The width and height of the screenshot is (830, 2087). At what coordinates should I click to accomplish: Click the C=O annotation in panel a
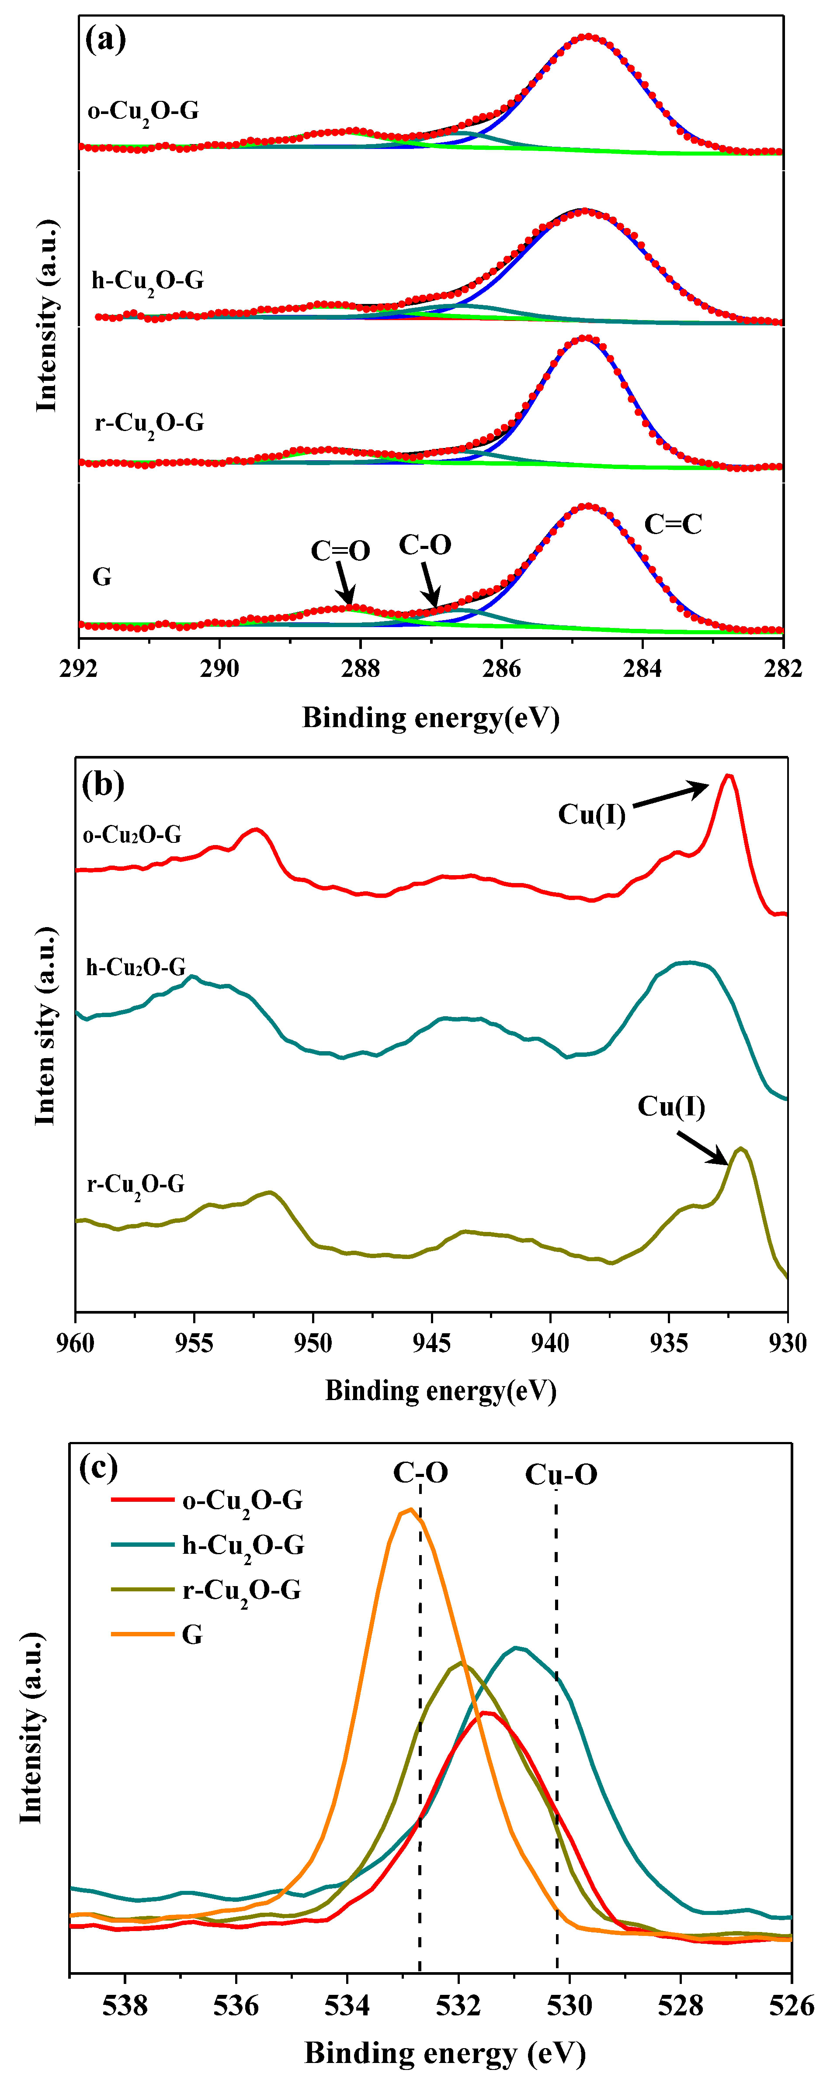pyautogui.click(x=340, y=552)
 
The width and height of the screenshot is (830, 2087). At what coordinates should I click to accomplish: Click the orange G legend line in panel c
pyautogui.click(x=142, y=1634)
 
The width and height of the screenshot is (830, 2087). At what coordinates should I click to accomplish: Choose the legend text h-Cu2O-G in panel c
pyautogui.click(x=243, y=1546)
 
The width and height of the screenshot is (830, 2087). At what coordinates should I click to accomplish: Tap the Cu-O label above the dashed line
pyautogui.click(x=561, y=1474)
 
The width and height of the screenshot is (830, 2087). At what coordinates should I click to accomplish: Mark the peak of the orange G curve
pyautogui.click(x=410, y=1509)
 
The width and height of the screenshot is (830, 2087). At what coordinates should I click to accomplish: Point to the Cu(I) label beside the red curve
pyautogui.click(x=592, y=814)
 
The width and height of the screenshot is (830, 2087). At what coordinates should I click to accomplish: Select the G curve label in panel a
pyautogui.click(x=102, y=577)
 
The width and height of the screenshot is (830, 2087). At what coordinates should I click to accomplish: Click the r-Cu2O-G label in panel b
pyautogui.click(x=136, y=1185)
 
